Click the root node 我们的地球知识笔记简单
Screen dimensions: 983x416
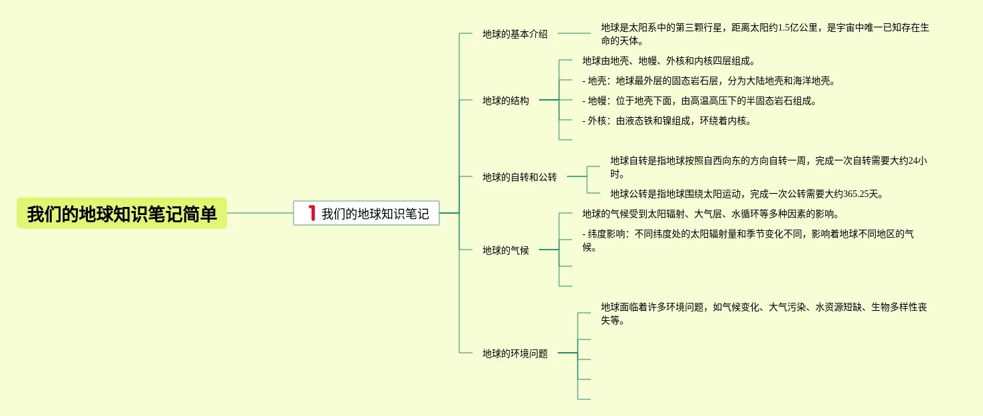[122, 214]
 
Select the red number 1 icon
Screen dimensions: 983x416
[311, 213]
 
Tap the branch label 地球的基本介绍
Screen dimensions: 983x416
[514, 34]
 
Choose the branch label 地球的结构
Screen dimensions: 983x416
[505, 101]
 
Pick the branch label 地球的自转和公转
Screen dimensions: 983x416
[519, 177]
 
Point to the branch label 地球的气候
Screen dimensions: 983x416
[505, 250]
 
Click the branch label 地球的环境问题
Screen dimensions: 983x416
[514, 353]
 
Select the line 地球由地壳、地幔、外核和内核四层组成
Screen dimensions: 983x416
[668, 61]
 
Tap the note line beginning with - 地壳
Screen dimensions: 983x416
[708, 81]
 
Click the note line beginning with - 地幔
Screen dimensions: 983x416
[699, 101]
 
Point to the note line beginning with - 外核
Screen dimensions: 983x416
[666, 121]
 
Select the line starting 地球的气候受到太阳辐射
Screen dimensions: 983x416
[710, 214]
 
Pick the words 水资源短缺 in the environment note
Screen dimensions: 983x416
[839, 308]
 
